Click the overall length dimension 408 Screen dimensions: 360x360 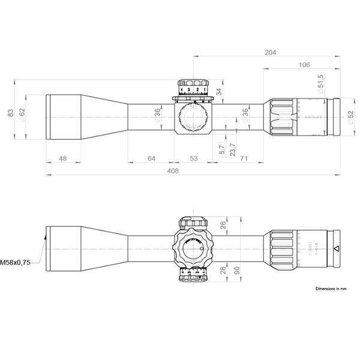click(x=173, y=171)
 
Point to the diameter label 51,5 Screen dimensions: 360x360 click(x=320, y=83)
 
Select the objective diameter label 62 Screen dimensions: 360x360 click(x=22, y=113)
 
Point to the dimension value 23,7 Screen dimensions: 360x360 click(x=233, y=147)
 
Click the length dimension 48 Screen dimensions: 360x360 click(x=63, y=158)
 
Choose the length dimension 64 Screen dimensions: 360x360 click(x=151, y=158)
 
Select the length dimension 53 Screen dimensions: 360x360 click(x=193, y=158)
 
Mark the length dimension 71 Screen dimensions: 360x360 click(x=243, y=158)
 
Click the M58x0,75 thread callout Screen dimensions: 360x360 click(x=16, y=262)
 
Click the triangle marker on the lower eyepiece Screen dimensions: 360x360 click(x=336, y=248)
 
